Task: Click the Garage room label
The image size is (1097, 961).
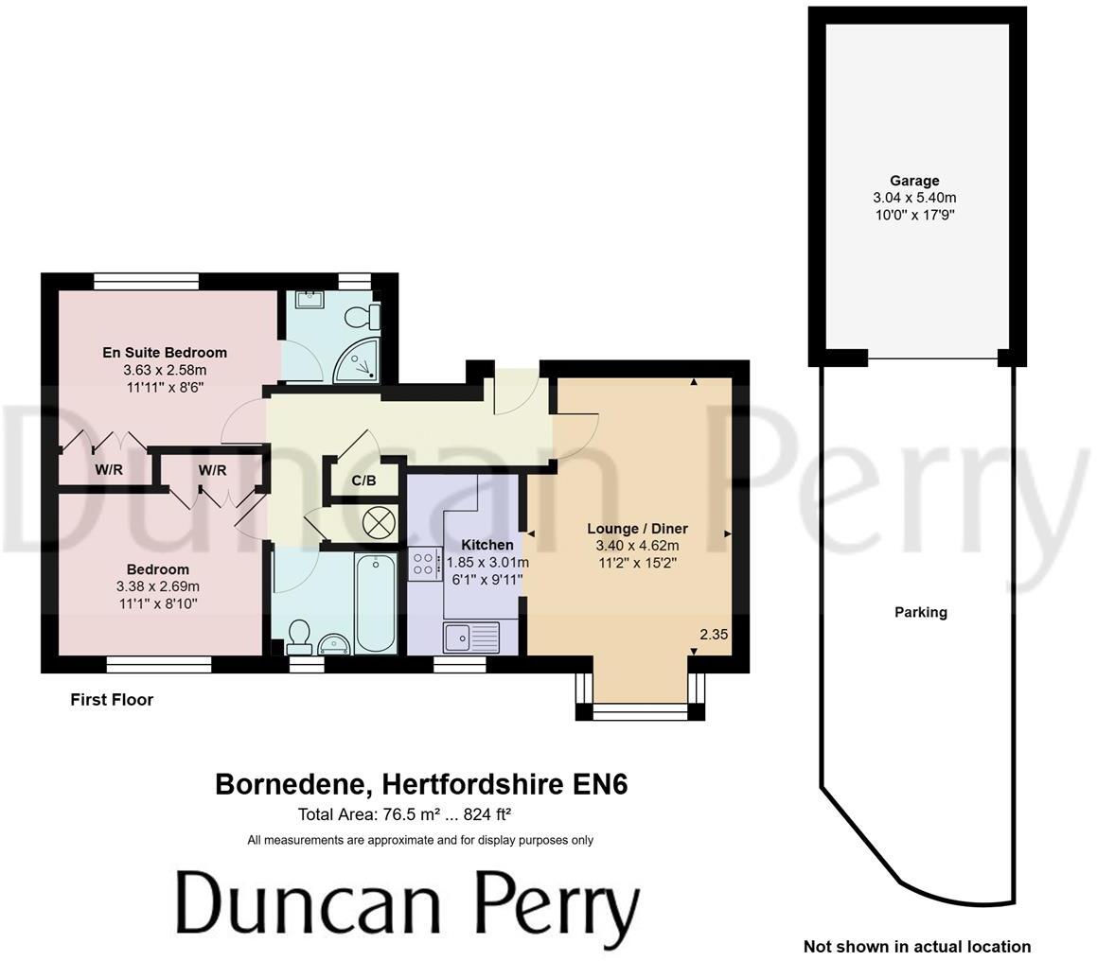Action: [x=914, y=181]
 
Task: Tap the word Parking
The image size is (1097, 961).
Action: [x=920, y=612]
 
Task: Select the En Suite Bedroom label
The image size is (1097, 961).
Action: [x=165, y=353]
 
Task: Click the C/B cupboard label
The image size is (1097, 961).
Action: [x=363, y=480]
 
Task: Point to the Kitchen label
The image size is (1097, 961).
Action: [x=487, y=545]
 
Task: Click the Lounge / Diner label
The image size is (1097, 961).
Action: [x=637, y=529]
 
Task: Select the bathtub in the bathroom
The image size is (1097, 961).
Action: [x=376, y=603]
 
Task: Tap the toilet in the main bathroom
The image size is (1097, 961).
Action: [x=299, y=635]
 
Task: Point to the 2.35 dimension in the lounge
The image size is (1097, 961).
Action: [x=714, y=635]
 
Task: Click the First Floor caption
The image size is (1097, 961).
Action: [x=112, y=700]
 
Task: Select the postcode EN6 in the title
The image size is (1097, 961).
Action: [x=601, y=784]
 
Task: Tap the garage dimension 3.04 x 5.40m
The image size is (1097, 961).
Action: [x=914, y=198]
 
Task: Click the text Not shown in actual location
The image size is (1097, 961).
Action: [x=916, y=946]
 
